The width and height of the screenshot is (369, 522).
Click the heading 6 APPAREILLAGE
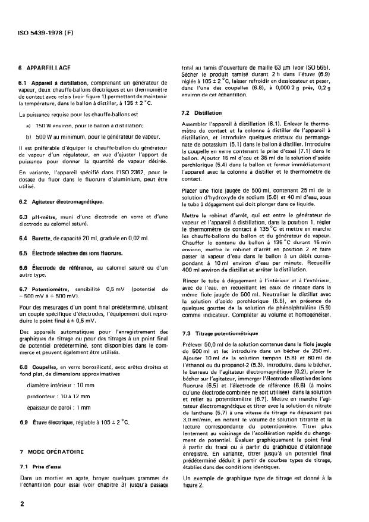(x=42, y=69)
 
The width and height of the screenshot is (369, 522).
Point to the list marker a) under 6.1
(x=28, y=126)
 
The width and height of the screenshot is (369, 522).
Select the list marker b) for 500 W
(x=28, y=136)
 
